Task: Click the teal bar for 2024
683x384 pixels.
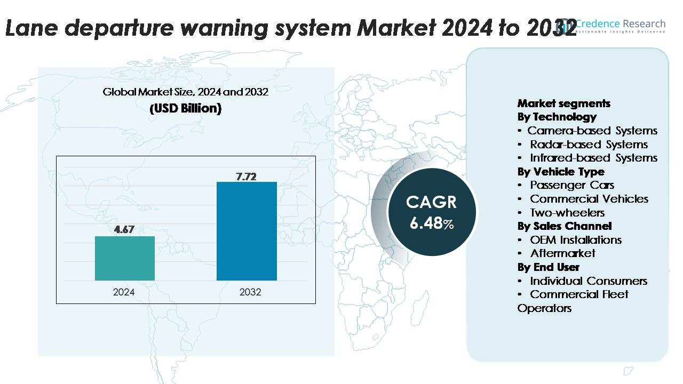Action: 125,258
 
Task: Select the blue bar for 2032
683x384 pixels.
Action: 247,231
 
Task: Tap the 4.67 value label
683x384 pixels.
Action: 125,230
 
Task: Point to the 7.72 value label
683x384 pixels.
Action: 247,175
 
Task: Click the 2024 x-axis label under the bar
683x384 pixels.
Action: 124,292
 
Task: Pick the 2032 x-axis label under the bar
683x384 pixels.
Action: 250,292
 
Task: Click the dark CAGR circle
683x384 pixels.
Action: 431,212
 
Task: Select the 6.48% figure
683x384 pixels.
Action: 431,223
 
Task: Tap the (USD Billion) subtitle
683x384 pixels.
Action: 185,109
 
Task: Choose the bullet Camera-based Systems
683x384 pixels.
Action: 592,131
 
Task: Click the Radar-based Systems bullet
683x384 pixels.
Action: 589,145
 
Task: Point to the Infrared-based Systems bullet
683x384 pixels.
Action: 593,158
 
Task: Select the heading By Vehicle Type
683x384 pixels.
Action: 561,172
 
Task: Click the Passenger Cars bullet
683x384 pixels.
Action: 572,185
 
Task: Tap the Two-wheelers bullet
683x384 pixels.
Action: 567,213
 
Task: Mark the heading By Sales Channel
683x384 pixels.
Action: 565,226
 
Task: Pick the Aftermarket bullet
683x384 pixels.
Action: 562,253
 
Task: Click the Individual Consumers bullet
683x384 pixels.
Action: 589,281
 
